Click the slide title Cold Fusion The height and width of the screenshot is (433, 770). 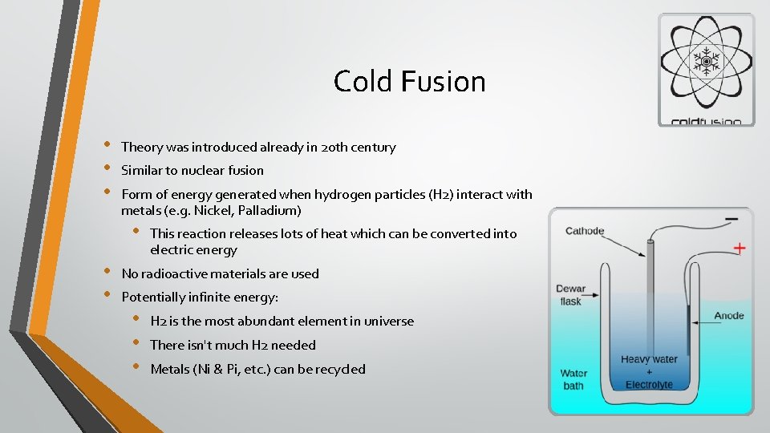coord(409,81)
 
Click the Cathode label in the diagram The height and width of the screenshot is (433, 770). coord(585,231)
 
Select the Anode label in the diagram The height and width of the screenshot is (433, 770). coord(729,316)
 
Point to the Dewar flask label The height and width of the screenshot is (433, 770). coord(571,295)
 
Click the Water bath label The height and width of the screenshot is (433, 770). coord(573,379)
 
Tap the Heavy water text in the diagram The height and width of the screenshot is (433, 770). coord(649,359)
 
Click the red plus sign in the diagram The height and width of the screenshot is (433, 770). coord(739,248)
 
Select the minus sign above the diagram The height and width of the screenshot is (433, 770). coord(731,218)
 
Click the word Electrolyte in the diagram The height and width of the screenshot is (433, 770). coord(650,385)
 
